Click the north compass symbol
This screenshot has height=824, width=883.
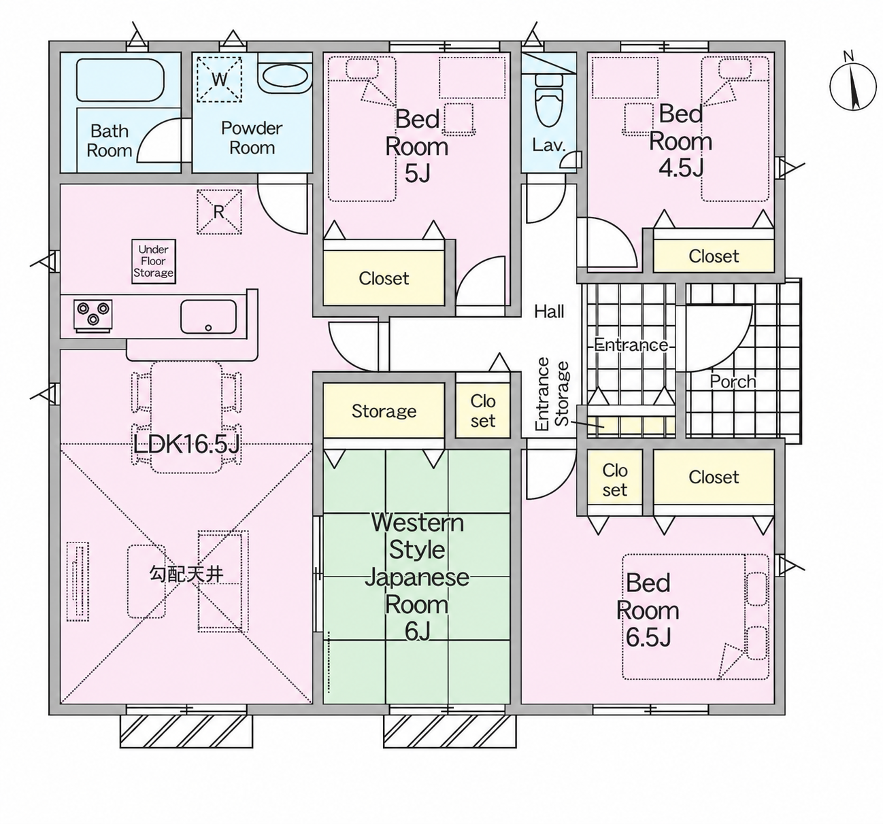pos(853,86)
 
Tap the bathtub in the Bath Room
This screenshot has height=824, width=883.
pos(120,80)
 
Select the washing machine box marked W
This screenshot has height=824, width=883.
pos(219,79)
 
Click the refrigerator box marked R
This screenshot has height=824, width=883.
pos(219,211)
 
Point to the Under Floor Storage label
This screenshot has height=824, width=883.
pos(153,261)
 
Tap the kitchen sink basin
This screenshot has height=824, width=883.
pos(208,316)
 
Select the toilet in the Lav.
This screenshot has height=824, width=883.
pos(549,101)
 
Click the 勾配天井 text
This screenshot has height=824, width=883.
pos(186,574)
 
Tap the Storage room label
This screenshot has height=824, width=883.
pos(384,411)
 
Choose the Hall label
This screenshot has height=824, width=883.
pos(549,311)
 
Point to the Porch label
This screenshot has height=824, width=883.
pos(733,381)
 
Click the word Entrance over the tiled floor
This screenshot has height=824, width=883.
pos(631,345)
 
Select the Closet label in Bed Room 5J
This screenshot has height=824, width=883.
pos(384,279)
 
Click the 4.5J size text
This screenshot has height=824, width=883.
pos(681,168)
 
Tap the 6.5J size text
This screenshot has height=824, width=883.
pos(648,637)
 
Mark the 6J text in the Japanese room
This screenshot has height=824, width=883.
pos(417,632)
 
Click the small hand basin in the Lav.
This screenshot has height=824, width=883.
pos(571,160)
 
